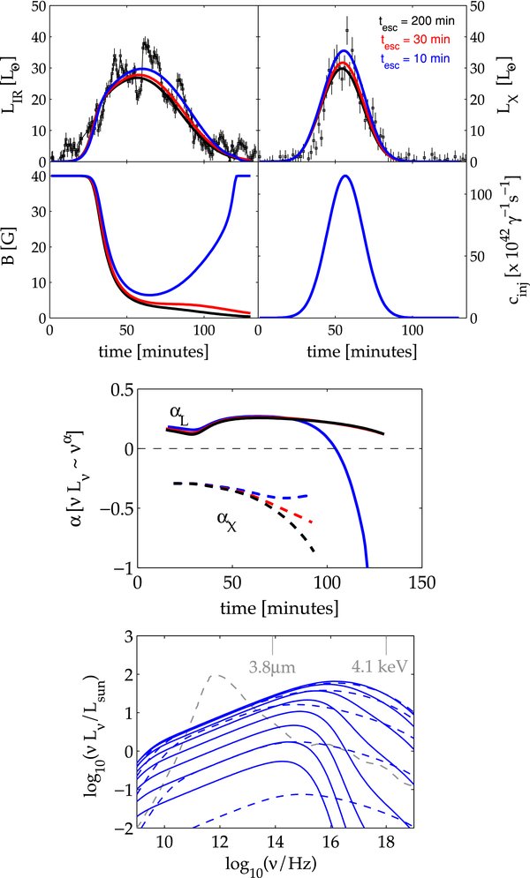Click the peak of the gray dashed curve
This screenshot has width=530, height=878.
click(x=213, y=675)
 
